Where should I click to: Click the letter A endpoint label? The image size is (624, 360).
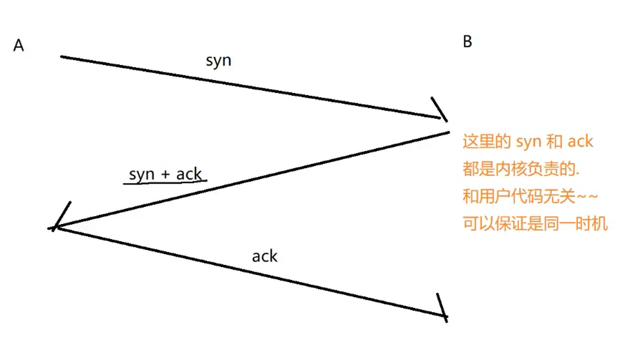coord(19,46)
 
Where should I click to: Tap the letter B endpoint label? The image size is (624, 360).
coord(467,42)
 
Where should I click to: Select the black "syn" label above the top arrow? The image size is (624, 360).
coord(219,60)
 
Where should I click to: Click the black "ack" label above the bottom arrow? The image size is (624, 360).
coord(265,256)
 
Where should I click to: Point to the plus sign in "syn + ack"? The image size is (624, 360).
coord(165,174)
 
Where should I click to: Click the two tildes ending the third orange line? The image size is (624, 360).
coord(586,197)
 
